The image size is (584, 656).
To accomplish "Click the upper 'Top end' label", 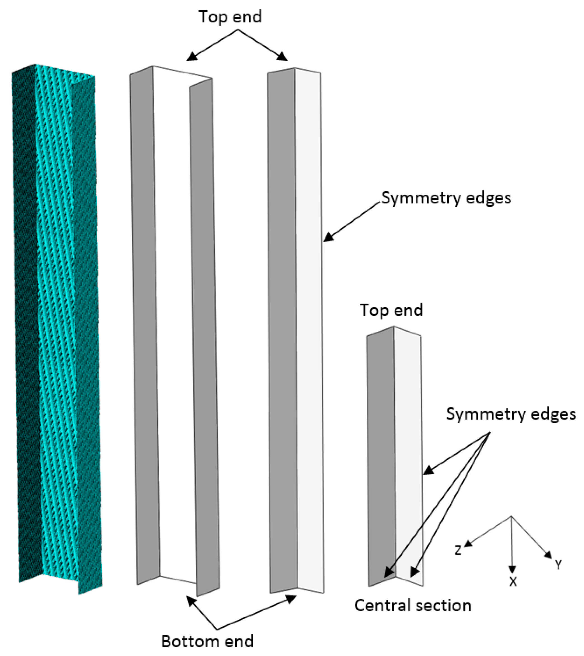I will [230, 17].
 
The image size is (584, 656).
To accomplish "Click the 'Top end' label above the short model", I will [391, 310].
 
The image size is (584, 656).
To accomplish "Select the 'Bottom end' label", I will [207, 641].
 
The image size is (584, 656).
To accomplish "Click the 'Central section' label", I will [413, 606].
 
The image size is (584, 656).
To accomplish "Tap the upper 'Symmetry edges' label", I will [446, 198].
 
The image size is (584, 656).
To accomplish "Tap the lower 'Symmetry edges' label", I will [511, 414].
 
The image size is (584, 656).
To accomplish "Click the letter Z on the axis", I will [458, 550].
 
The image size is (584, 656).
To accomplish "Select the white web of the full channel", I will [175, 321].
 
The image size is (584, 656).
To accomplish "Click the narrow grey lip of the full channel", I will [205, 337].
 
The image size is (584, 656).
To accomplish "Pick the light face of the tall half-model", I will [309, 321].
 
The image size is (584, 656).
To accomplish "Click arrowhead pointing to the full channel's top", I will [192, 57].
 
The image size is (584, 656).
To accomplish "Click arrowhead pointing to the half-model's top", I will [282, 57].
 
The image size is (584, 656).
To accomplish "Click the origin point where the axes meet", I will [511, 517].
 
